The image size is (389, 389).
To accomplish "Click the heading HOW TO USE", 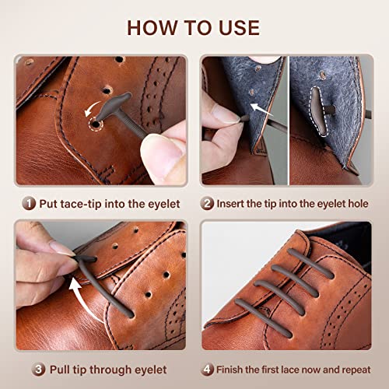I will click(x=194, y=27).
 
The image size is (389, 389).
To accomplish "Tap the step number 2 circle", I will click(x=207, y=203).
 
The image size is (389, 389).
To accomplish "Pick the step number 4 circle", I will click(x=206, y=368).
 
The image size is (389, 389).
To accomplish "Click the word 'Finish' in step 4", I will click(x=233, y=368).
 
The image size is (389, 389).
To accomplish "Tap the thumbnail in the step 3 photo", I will click(x=62, y=249).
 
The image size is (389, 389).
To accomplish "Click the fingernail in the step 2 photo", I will click(x=226, y=115).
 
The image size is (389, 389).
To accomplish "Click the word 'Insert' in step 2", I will click(x=235, y=203).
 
